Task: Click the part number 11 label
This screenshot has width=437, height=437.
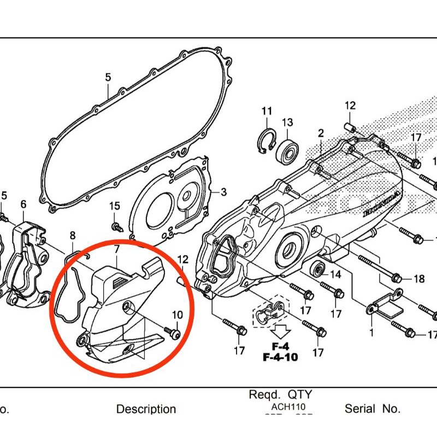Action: coord(267,111)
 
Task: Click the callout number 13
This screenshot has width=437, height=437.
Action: coord(287,122)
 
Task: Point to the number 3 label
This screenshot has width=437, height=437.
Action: coord(223,192)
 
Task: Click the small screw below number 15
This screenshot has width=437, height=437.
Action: coord(116,225)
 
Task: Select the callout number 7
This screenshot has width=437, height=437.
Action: coord(116,250)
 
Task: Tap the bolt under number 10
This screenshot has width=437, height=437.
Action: coord(173,333)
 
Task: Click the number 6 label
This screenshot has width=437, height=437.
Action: coord(23,204)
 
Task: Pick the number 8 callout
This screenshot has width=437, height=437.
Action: coord(72,235)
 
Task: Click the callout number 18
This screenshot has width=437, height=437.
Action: coord(419,279)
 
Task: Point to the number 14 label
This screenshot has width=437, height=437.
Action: coord(335,274)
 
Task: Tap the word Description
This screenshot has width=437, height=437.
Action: coord(146,409)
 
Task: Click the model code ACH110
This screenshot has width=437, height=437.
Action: coord(288,407)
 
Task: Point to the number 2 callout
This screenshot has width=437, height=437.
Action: coord(321,133)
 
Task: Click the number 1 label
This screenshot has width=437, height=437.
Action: coord(371,332)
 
